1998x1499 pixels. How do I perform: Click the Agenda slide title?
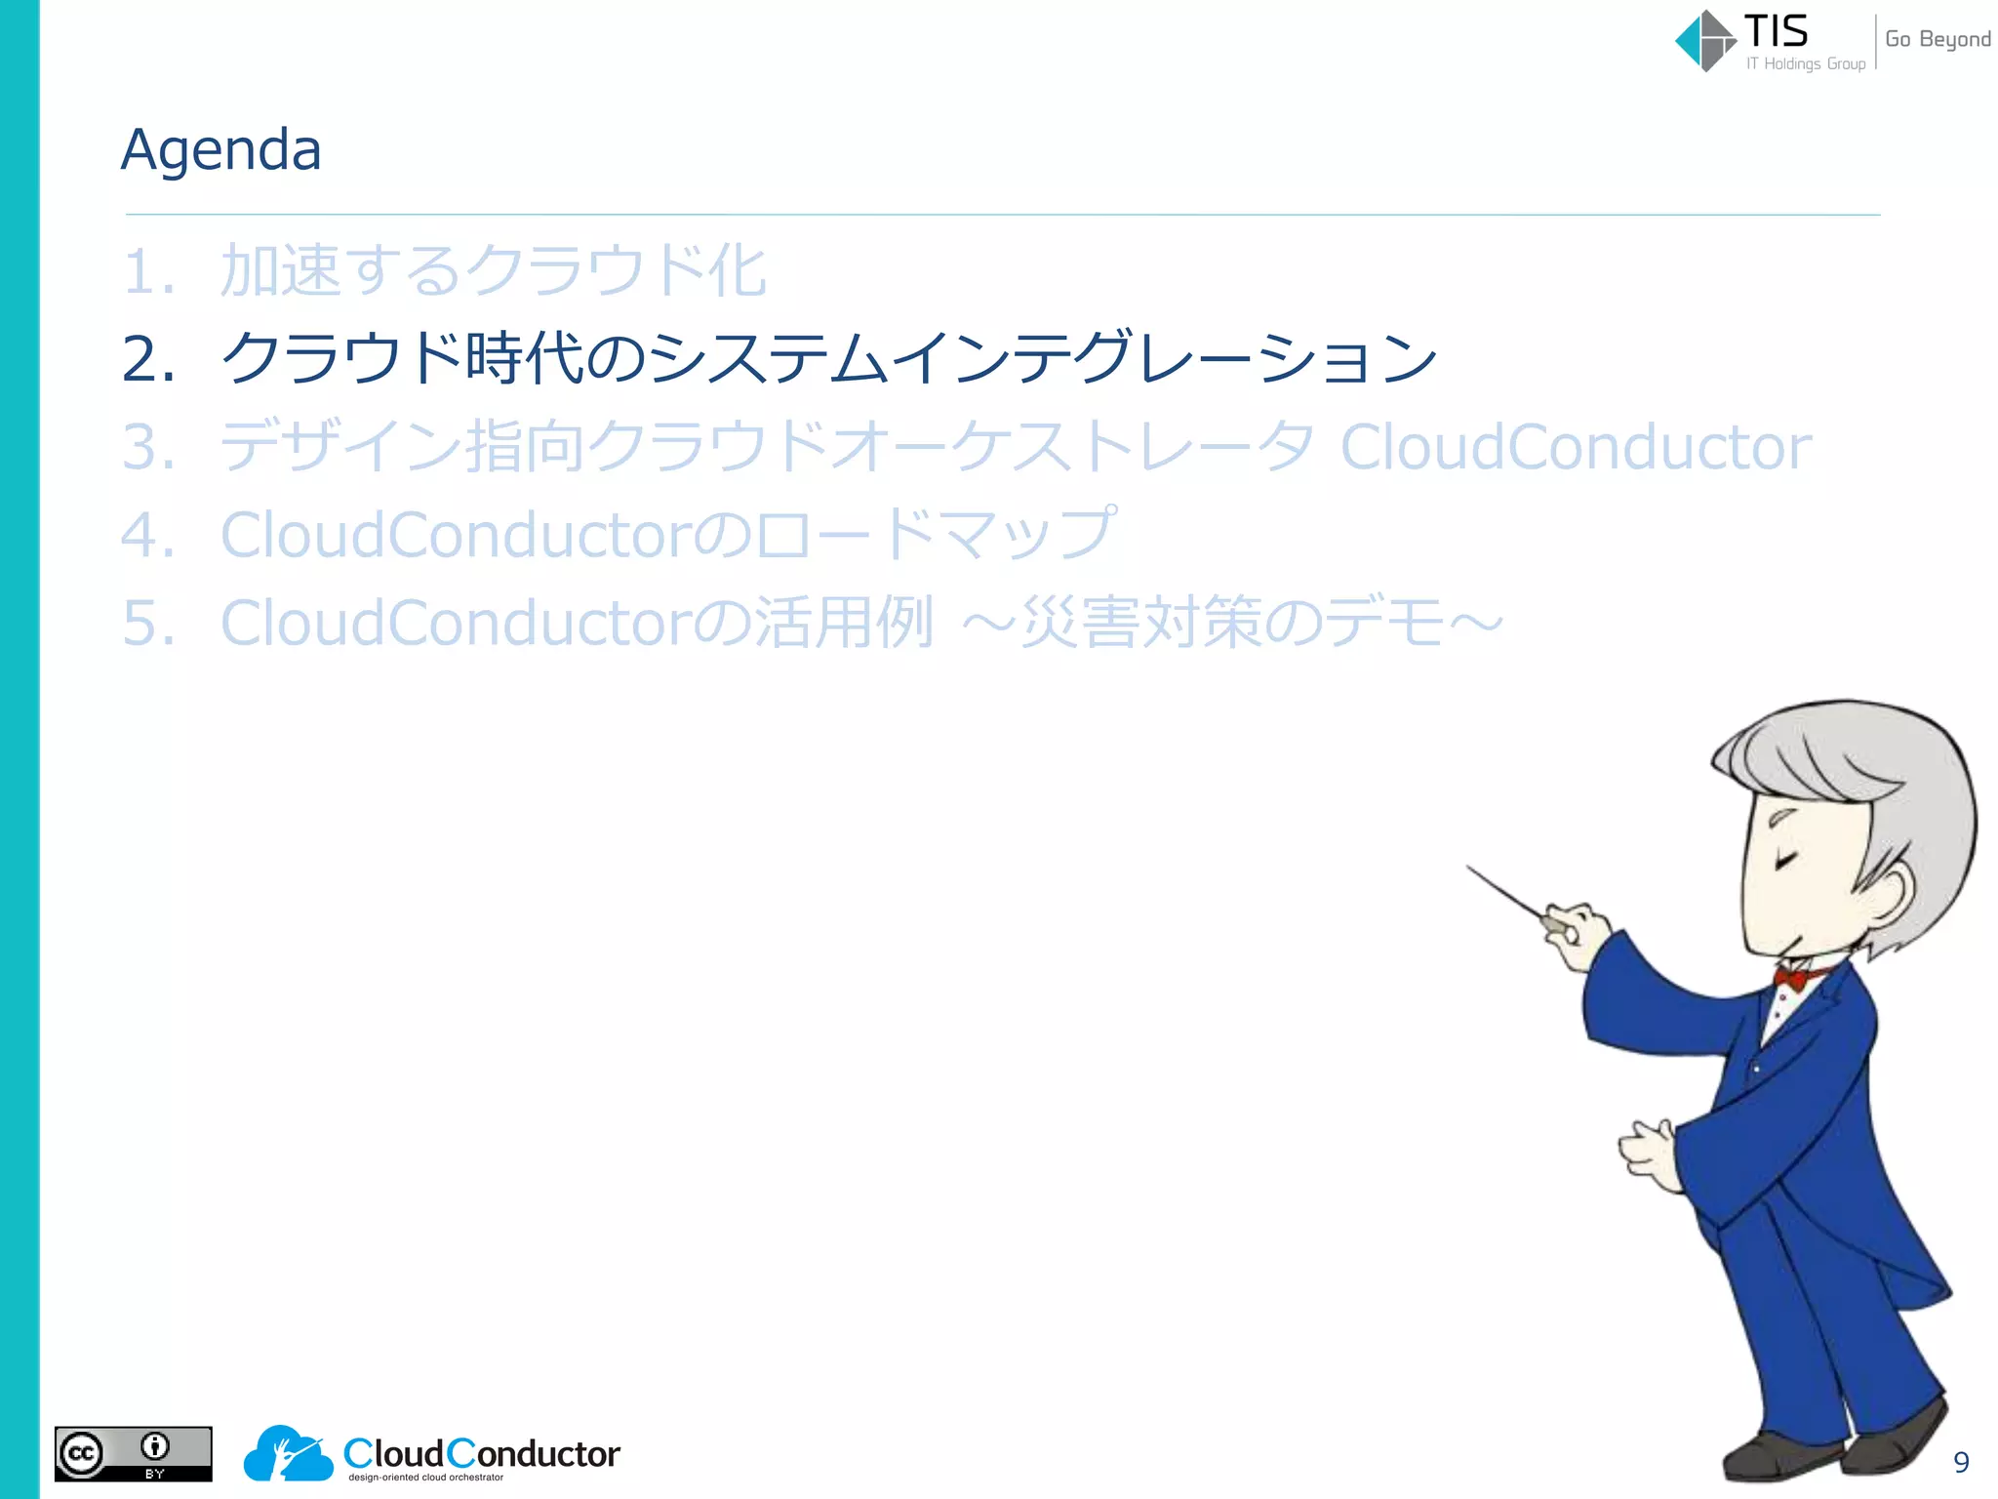click(x=221, y=150)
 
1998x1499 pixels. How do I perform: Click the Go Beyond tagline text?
click(x=1938, y=39)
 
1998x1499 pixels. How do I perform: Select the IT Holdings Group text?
click(x=1806, y=64)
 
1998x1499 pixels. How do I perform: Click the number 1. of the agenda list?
click(x=148, y=271)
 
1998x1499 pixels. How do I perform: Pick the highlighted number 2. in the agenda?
click(x=148, y=359)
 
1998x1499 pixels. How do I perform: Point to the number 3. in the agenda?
click(x=148, y=447)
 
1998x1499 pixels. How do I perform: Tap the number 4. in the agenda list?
click(x=148, y=535)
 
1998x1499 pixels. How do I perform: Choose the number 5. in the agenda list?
click(x=148, y=623)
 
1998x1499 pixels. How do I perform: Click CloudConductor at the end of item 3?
click(x=1576, y=447)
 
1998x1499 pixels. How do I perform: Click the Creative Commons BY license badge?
click(x=133, y=1454)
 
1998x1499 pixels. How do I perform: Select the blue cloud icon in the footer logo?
click(x=288, y=1454)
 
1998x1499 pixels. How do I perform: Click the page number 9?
click(x=1961, y=1462)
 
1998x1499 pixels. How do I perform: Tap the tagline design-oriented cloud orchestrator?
click(x=426, y=1478)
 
